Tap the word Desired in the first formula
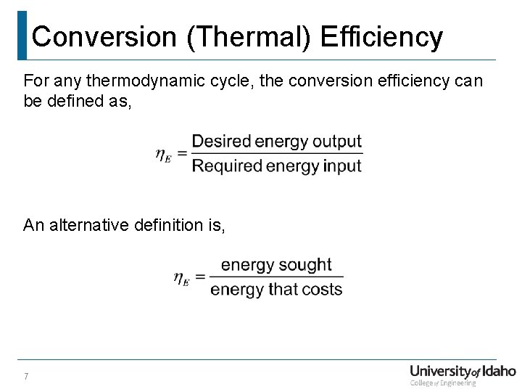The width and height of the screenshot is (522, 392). click(x=221, y=141)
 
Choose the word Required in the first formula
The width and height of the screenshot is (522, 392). click(x=227, y=166)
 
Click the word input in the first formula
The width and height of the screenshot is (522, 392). click(x=343, y=166)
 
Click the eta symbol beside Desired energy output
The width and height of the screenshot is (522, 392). click(x=163, y=155)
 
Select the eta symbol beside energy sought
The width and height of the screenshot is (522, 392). click(x=181, y=277)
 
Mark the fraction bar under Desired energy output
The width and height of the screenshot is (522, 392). click(x=276, y=153)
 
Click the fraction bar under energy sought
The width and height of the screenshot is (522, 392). click(x=276, y=277)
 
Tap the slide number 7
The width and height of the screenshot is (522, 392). click(x=26, y=376)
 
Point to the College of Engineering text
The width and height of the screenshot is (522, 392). click(x=443, y=383)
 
